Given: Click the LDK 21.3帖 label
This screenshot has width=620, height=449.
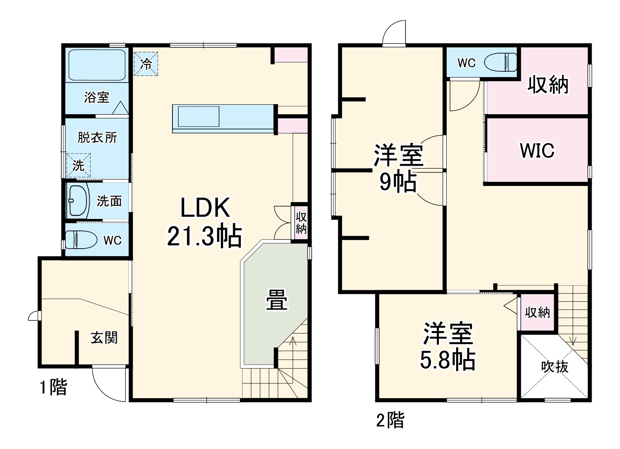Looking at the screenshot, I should point(205,222).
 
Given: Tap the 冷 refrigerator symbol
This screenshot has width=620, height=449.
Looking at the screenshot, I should point(146,64).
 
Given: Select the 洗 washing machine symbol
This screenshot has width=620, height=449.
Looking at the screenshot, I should point(78,165).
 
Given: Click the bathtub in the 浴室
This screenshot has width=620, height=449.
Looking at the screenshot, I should point(97,66).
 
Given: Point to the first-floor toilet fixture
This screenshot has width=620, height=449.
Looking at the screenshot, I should point(81,240).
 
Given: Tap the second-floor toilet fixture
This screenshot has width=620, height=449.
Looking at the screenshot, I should point(500,63).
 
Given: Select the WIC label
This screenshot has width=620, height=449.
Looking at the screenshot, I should point(537,150).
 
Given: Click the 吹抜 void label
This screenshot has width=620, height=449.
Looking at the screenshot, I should point(555,367).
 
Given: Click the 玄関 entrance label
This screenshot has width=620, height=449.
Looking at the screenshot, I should point(104,338).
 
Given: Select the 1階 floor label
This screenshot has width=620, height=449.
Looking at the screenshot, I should point(53,388).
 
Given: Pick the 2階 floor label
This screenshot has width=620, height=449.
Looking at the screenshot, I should point(390,420).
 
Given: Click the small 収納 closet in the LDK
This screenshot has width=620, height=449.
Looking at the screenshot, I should point(301,223).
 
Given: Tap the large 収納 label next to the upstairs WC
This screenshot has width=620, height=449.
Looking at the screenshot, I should point(548,85).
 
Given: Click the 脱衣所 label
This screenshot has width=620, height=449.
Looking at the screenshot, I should point(98,137).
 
